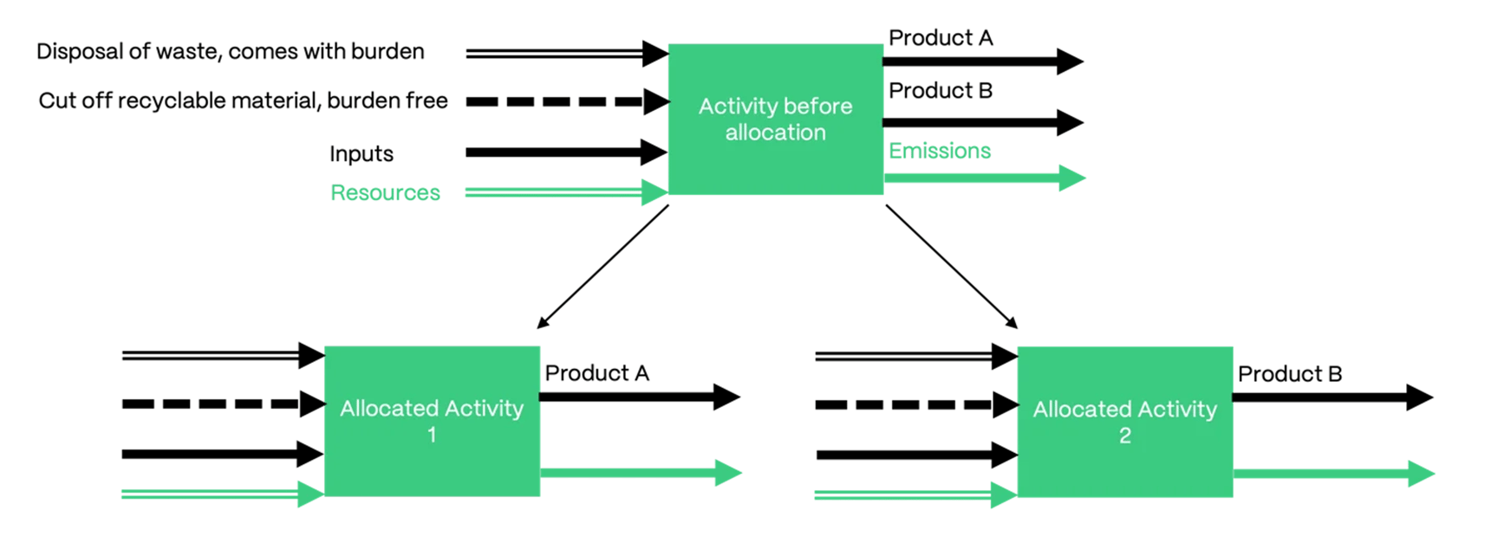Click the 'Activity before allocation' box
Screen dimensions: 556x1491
(775, 119)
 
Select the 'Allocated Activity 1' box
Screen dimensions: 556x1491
(432, 421)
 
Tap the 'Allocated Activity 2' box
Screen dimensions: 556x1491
(1124, 422)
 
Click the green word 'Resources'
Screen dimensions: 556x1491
(385, 192)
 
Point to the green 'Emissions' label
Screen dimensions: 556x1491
(939, 151)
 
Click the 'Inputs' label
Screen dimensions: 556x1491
(361, 154)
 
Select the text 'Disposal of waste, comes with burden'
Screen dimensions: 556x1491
(230, 52)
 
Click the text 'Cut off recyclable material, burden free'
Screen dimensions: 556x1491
(243, 101)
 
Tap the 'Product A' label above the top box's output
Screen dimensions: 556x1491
(941, 38)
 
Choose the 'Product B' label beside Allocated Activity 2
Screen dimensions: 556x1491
(1289, 374)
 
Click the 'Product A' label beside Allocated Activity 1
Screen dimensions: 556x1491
(596, 373)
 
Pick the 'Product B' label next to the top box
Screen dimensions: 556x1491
(941, 91)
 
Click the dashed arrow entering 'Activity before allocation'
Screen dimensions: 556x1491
(563, 101)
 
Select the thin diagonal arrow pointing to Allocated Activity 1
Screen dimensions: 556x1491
(602, 267)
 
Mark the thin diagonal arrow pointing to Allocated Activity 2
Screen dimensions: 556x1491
(951, 267)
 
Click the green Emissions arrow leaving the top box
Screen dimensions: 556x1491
(980, 178)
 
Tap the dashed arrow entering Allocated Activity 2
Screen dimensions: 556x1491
(910, 404)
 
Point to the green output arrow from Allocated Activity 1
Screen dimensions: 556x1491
(637, 473)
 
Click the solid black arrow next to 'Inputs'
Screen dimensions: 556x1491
(563, 152)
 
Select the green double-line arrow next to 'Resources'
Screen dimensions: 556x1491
(563, 192)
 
